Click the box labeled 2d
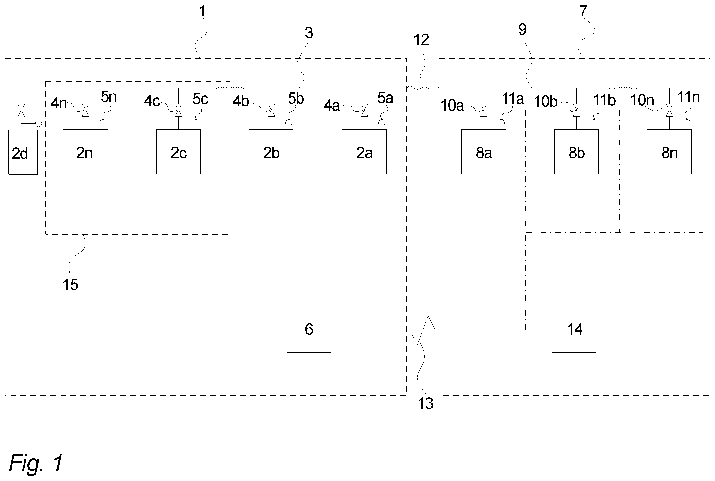click(23, 152)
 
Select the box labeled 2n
click(85, 152)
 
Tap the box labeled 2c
click(178, 152)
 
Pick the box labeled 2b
click(271, 152)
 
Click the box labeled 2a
click(364, 152)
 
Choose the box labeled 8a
click(484, 152)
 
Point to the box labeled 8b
click(576, 152)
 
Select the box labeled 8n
click(669, 152)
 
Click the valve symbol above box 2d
click(21, 110)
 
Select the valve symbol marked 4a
click(364, 110)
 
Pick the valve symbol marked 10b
click(577, 110)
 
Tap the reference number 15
click(70, 285)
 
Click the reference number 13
click(425, 403)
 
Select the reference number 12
click(421, 40)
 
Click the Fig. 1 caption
click(36, 463)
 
